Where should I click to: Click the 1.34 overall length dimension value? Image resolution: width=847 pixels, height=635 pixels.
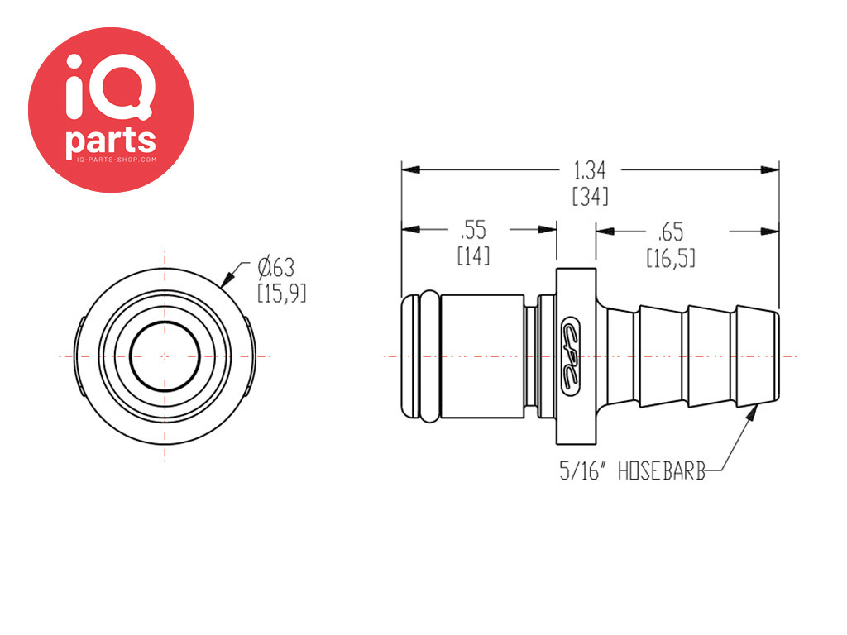pos(589,170)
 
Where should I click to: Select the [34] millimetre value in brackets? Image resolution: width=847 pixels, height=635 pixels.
pos(590,196)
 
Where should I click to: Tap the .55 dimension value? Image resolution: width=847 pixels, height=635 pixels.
pos(474,230)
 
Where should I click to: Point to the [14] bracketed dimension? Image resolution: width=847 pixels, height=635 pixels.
pos(474,255)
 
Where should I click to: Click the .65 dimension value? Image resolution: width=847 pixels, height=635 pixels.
pos(670,232)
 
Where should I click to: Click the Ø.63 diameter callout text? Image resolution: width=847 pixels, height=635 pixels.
pos(276,268)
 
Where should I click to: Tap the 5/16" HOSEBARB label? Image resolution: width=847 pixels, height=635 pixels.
pos(632,471)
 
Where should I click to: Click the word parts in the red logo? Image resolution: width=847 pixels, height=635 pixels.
pos(111,141)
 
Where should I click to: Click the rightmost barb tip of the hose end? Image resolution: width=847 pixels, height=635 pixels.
pos(778,356)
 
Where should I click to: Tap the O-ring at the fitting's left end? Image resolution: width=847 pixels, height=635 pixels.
pos(430,356)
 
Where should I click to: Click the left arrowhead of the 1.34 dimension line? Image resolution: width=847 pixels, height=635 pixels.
pos(410,169)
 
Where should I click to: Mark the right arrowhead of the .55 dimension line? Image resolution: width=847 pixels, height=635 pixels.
pos(548,230)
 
